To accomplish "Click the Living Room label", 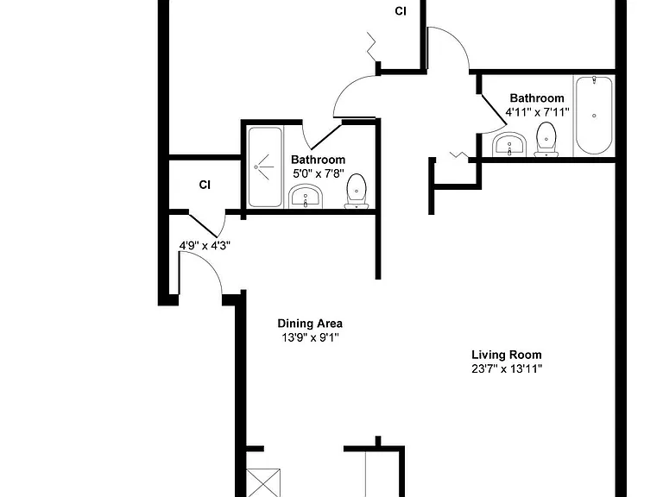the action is click(506, 355).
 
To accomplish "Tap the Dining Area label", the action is click(310, 324).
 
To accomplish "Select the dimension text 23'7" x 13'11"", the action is click(507, 369).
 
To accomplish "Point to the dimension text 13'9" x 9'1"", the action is click(311, 337).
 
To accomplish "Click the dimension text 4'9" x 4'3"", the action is click(205, 246).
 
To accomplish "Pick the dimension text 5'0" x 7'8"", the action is click(319, 173).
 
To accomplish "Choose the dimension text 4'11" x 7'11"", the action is click(537, 112).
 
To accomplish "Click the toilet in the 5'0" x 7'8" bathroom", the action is click(357, 192).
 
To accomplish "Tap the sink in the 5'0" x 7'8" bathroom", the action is click(306, 197).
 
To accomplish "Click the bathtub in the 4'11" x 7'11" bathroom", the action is click(594, 116).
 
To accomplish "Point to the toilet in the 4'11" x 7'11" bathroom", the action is click(546, 140).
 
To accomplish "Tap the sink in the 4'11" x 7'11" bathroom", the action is click(509, 145).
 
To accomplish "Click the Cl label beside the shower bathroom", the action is click(205, 185).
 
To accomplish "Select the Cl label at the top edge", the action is click(401, 11).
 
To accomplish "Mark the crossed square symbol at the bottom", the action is click(263, 482).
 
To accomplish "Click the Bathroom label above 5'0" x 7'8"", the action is click(318, 160).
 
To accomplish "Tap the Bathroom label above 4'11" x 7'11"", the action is click(537, 98).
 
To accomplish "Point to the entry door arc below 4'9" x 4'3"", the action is click(211, 263).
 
